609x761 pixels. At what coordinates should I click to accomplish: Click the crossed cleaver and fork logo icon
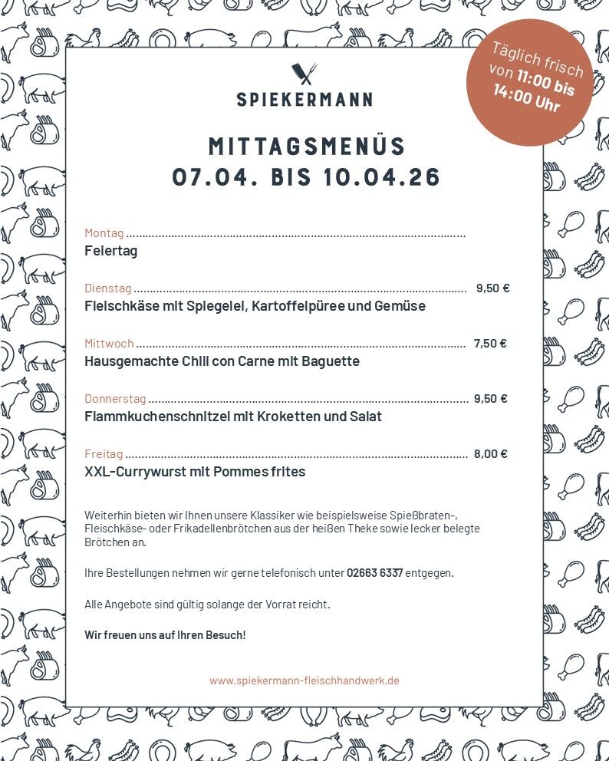[x=304, y=74]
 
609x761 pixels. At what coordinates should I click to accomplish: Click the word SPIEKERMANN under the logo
[x=304, y=99]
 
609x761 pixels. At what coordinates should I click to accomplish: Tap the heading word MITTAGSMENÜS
[x=307, y=146]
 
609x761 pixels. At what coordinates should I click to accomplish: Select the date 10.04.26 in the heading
[x=382, y=177]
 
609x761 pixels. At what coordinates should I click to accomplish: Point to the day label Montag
[x=104, y=233]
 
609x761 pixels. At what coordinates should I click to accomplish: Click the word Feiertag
[x=110, y=251]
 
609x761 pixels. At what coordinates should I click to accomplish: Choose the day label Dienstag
[x=107, y=288]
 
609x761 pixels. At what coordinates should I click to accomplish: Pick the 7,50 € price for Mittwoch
[x=489, y=344]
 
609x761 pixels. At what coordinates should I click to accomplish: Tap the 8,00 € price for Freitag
[x=490, y=454]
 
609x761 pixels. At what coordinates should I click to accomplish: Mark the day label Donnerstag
[x=115, y=399]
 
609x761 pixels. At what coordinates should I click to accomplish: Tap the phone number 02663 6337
[x=374, y=573]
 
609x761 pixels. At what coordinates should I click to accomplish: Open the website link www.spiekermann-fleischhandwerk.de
[x=304, y=680]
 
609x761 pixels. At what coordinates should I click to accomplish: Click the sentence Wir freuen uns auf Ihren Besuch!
[x=165, y=635]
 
